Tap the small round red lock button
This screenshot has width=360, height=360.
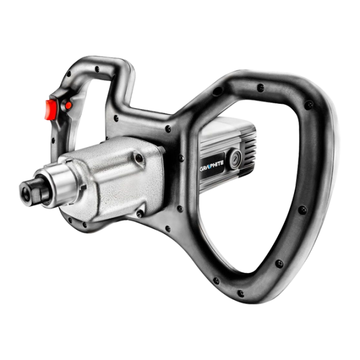point(68,106)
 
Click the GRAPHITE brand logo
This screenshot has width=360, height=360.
point(211,163)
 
